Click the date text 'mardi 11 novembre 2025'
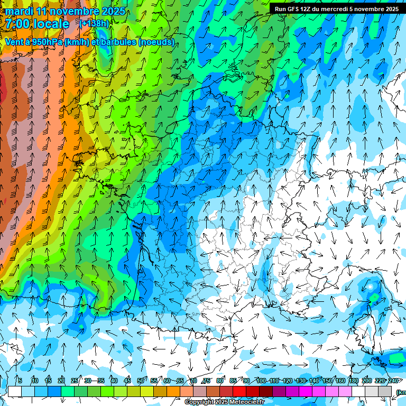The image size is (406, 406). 65,11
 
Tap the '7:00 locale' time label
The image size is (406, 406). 38,24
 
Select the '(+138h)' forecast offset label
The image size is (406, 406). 94,24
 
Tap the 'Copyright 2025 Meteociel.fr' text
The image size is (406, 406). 224,402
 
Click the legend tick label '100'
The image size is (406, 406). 261,381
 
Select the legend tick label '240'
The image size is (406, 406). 393,381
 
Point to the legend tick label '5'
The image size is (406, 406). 20,381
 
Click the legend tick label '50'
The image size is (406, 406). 141,381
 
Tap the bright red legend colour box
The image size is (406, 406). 239,391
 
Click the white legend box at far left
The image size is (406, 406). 14,391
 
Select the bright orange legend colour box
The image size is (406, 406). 173,391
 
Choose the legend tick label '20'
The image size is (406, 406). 61,381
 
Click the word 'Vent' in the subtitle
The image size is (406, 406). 14,42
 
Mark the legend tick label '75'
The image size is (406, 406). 207,381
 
